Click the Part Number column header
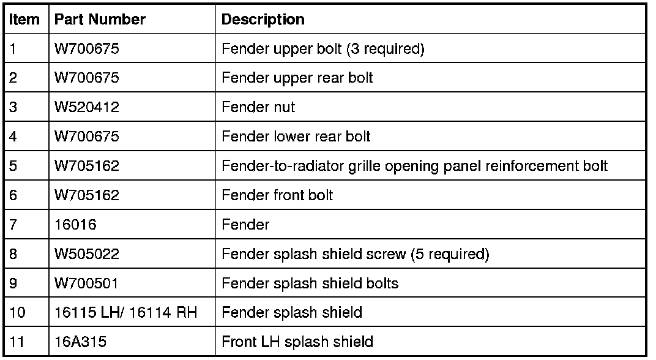tap(100, 20)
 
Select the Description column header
tap(263, 20)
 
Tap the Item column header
tap(24, 20)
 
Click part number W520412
tap(86, 107)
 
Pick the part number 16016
tap(75, 225)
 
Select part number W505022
tap(87, 254)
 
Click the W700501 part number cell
tap(86, 283)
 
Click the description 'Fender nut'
tap(258, 107)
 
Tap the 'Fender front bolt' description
tap(277, 195)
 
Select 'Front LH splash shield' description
tap(297, 342)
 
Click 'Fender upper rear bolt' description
tap(297, 78)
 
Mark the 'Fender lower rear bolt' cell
tap(296, 137)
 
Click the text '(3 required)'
tap(385, 49)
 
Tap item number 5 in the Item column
tap(13, 166)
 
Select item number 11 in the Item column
tap(17, 342)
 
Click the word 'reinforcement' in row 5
tap(532, 166)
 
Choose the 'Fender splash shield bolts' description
tap(310, 283)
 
